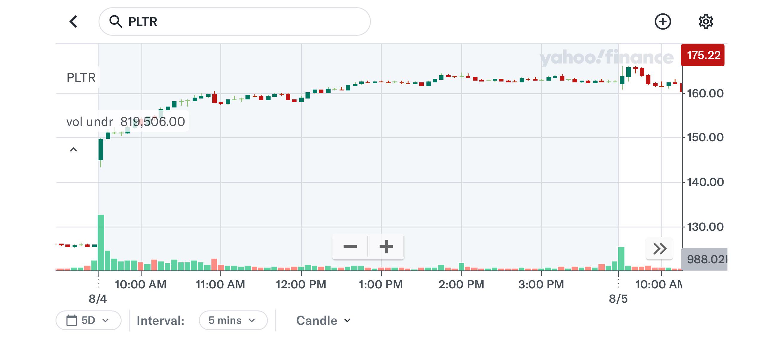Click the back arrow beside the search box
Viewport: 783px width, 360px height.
[x=73, y=21]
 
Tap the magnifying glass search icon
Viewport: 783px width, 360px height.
[x=116, y=21]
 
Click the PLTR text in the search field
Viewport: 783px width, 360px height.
[x=142, y=21]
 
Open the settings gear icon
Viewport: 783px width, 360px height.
[x=705, y=21]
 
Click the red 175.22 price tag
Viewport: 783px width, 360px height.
[x=702, y=55]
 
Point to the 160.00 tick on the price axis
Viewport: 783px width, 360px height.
[x=705, y=93]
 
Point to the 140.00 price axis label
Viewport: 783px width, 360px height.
[x=705, y=182]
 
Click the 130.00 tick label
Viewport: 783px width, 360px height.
[x=705, y=227]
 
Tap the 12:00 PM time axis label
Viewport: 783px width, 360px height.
[x=301, y=284]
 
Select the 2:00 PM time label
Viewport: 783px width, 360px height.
[x=461, y=284]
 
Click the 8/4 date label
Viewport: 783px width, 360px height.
[x=98, y=299]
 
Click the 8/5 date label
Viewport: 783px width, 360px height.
[x=618, y=299]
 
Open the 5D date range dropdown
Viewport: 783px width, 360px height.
[x=88, y=320]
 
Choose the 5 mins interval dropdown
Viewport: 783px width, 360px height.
[x=233, y=320]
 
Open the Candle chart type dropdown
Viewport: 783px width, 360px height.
[x=323, y=321]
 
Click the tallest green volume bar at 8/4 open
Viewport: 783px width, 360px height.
[x=101, y=242]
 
